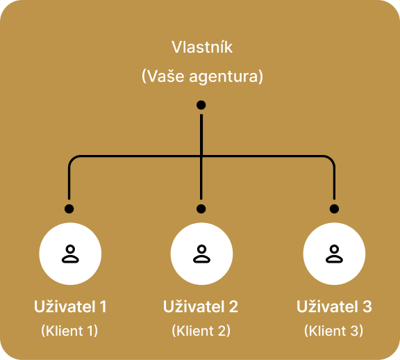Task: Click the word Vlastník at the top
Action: tap(201, 48)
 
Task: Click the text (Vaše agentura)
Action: tap(201, 76)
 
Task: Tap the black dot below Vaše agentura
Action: tap(201, 105)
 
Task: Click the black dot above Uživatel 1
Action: tap(69, 208)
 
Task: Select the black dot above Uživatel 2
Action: tap(201, 208)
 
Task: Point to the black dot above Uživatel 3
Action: tap(334, 208)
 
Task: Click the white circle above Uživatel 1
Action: tap(69, 254)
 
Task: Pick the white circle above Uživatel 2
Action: tap(201, 254)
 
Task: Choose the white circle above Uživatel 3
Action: tap(334, 254)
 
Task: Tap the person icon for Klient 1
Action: tap(69, 254)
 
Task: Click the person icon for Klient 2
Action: tap(201, 254)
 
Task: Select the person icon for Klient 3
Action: tap(334, 254)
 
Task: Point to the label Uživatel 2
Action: tap(201, 306)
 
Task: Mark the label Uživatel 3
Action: tap(334, 306)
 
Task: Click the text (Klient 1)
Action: tap(69, 331)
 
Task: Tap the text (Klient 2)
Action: tap(201, 331)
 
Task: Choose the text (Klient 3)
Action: tap(334, 331)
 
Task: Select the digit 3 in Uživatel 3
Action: tap(367, 306)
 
